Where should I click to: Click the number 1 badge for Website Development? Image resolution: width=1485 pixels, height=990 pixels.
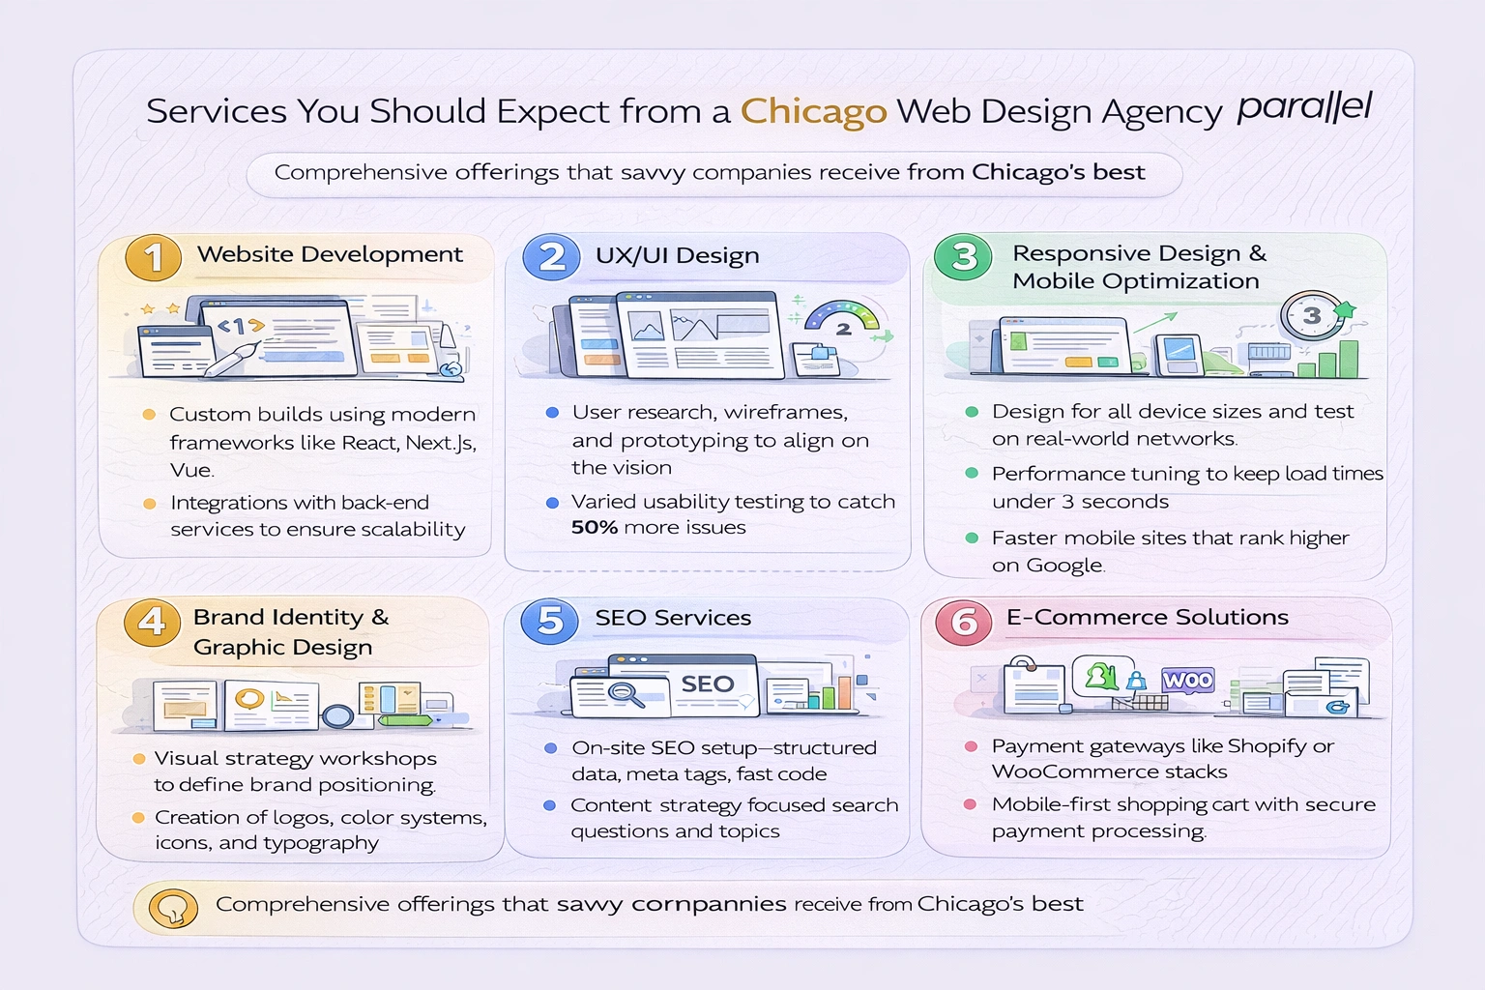pyautogui.click(x=153, y=258)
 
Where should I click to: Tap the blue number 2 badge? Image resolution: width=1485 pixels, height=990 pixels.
pyautogui.click(x=551, y=257)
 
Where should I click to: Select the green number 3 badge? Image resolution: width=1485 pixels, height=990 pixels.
pyautogui.click(x=963, y=257)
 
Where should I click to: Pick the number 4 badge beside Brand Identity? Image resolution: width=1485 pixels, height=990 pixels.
pyautogui.click(x=152, y=622)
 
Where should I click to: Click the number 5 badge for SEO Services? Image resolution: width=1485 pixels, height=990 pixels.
pyautogui.click(x=549, y=621)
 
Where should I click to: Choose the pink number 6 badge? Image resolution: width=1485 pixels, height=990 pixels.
pyautogui.click(x=963, y=622)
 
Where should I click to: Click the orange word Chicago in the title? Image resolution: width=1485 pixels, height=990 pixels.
pyautogui.click(x=813, y=112)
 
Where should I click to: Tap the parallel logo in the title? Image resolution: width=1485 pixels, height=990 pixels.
pyautogui.click(x=1304, y=106)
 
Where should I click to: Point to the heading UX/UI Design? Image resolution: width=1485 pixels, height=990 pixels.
pyautogui.click(x=677, y=255)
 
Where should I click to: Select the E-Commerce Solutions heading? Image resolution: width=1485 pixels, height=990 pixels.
pyautogui.click(x=1147, y=617)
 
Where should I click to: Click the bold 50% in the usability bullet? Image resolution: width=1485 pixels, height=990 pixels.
pyautogui.click(x=594, y=528)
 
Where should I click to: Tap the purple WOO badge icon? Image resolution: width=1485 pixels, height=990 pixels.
pyautogui.click(x=1187, y=681)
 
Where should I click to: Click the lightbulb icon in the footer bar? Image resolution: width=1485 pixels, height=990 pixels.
pyautogui.click(x=173, y=908)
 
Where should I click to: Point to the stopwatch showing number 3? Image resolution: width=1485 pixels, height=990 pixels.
pyautogui.click(x=1311, y=316)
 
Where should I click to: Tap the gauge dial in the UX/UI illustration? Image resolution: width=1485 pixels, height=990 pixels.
pyautogui.click(x=842, y=321)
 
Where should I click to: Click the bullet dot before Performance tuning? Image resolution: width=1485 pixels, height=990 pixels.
pyautogui.click(x=972, y=474)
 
